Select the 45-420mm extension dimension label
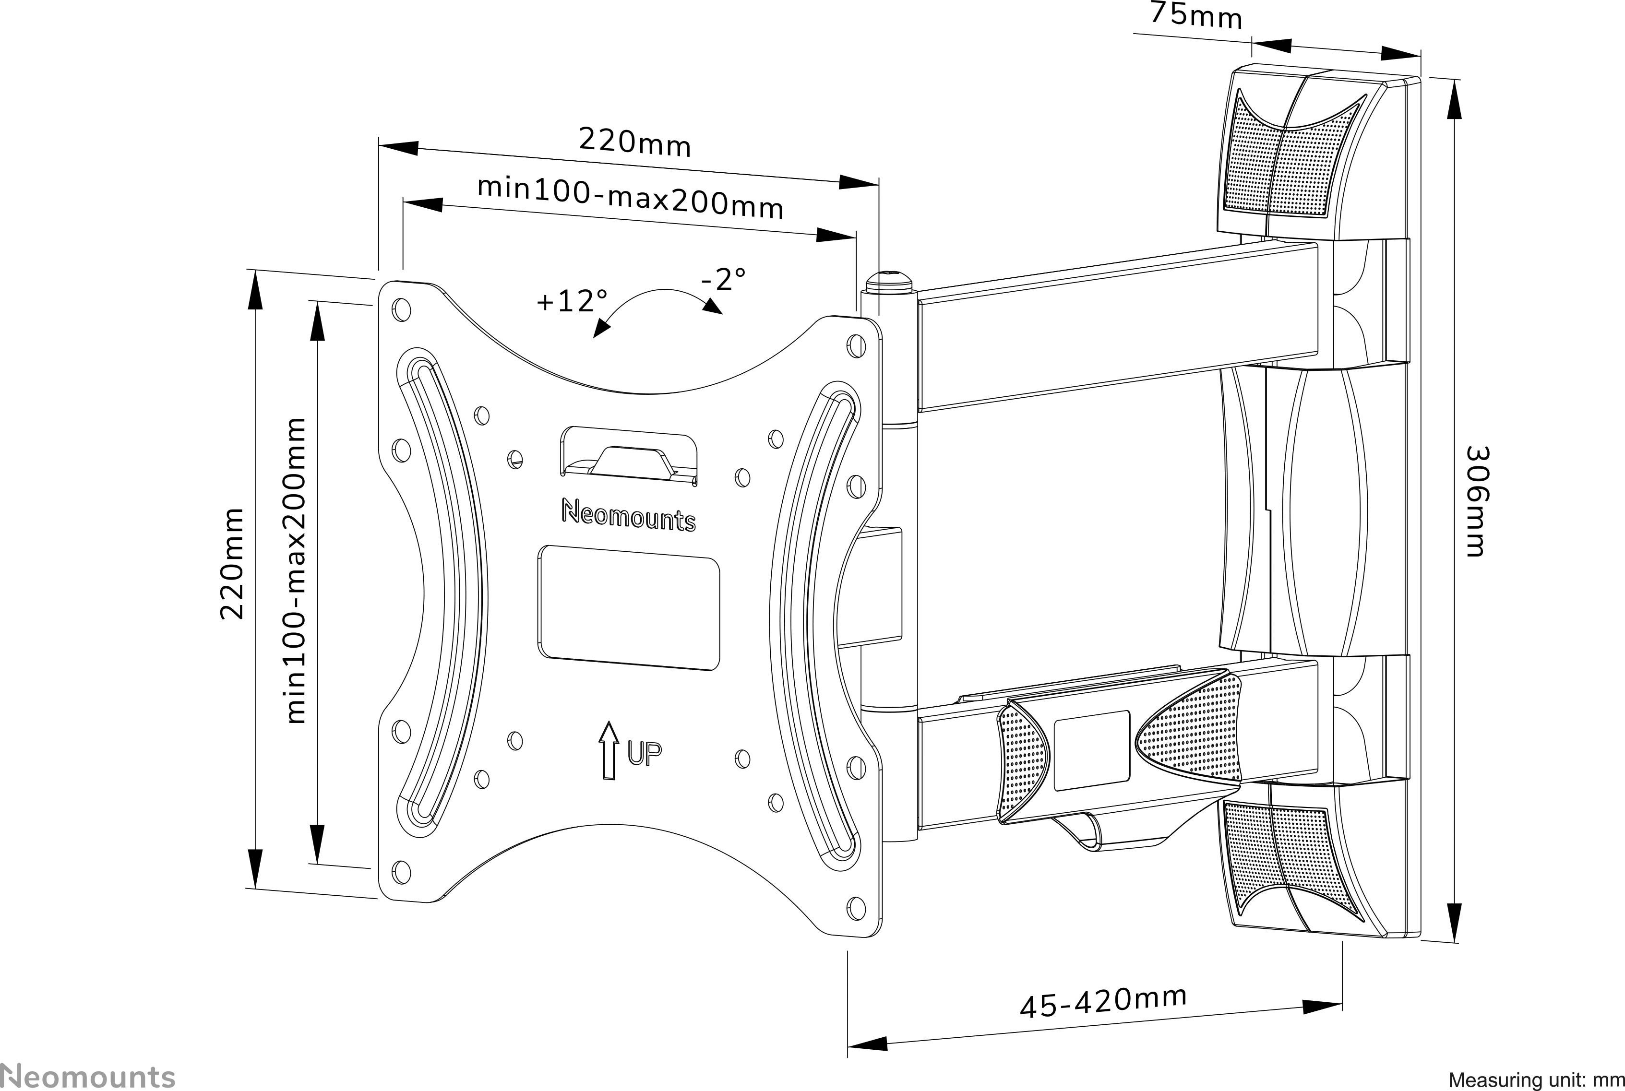[x=1103, y=1002]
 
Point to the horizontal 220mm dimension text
[x=634, y=142]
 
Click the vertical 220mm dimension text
[x=232, y=564]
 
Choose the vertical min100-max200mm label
[x=296, y=570]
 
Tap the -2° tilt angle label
[x=723, y=280]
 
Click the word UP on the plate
[x=645, y=753]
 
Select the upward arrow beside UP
[x=608, y=750]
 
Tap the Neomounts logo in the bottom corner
[x=87, y=1075]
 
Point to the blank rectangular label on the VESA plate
[x=628, y=608]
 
